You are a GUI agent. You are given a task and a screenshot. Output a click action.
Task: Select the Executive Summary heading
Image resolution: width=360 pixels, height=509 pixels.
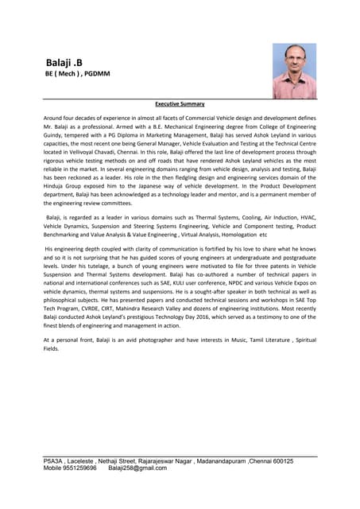(180, 103)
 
